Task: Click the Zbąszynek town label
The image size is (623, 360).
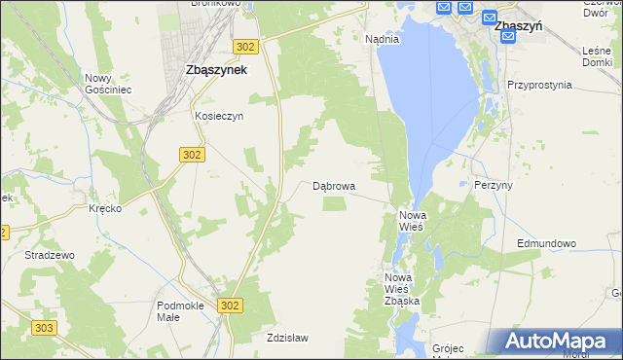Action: pyautogui.click(x=215, y=70)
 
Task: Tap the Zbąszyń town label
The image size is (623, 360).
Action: pyautogui.click(x=518, y=28)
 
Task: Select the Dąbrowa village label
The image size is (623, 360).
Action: pyautogui.click(x=333, y=185)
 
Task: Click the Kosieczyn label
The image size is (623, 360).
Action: pyautogui.click(x=218, y=115)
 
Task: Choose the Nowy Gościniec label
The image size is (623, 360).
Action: pyautogui.click(x=108, y=84)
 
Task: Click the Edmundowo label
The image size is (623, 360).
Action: pyautogui.click(x=547, y=243)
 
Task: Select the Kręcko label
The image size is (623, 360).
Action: pyautogui.click(x=104, y=209)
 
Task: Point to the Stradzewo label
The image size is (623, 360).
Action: pyautogui.click(x=50, y=255)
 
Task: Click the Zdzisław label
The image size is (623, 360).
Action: pyautogui.click(x=287, y=339)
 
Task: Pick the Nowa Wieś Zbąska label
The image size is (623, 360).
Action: pyautogui.click(x=401, y=290)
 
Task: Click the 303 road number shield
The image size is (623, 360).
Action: pyautogui.click(x=43, y=329)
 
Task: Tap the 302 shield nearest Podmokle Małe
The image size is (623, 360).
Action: pyautogui.click(x=230, y=306)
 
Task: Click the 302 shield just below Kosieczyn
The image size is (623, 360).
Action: pyautogui.click(x=192, y=154)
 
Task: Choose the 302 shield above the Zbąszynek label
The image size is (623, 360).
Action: pyautogui.click(x=245, y=46)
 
